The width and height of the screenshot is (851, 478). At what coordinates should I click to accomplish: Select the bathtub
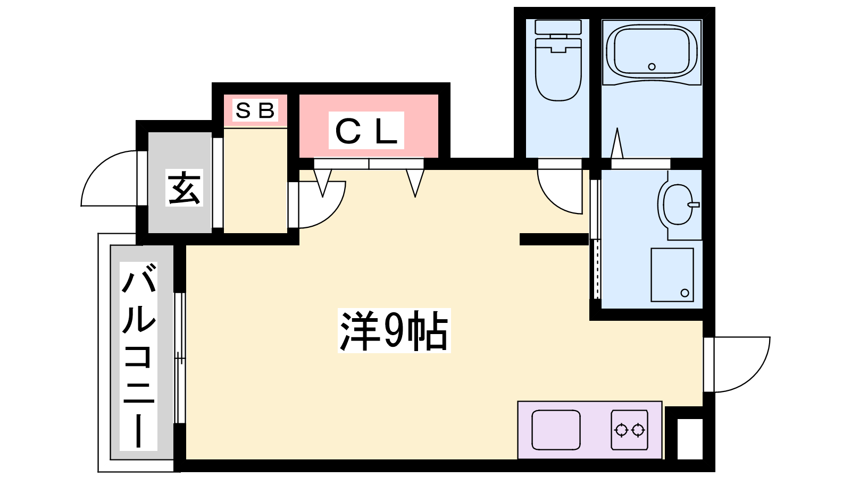[x=652, y=52]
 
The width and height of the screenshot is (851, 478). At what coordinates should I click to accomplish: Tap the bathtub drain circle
[x=652, y=66]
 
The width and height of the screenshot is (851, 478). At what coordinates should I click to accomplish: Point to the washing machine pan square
[x=672, y=275]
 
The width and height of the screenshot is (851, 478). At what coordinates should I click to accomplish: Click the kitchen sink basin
[x=556, y=430]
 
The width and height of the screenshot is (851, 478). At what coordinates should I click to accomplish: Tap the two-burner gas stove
[x=629, y=430]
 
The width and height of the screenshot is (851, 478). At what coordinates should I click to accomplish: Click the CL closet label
[x=366, y=130]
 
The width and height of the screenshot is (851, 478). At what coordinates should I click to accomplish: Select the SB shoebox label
[x=255, y=110]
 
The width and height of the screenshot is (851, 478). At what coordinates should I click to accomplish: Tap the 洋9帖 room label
[x=394, y=330]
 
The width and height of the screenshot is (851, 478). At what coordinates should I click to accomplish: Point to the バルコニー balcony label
[x=138, y=356]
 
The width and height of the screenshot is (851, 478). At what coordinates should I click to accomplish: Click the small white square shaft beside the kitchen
[x=690, y=438]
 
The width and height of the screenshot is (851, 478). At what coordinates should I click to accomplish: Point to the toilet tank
[x=558, y=27]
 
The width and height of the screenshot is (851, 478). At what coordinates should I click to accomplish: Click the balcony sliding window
[x=180, y=358]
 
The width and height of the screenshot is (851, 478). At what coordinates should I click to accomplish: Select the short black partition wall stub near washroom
[x=554, y=240]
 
